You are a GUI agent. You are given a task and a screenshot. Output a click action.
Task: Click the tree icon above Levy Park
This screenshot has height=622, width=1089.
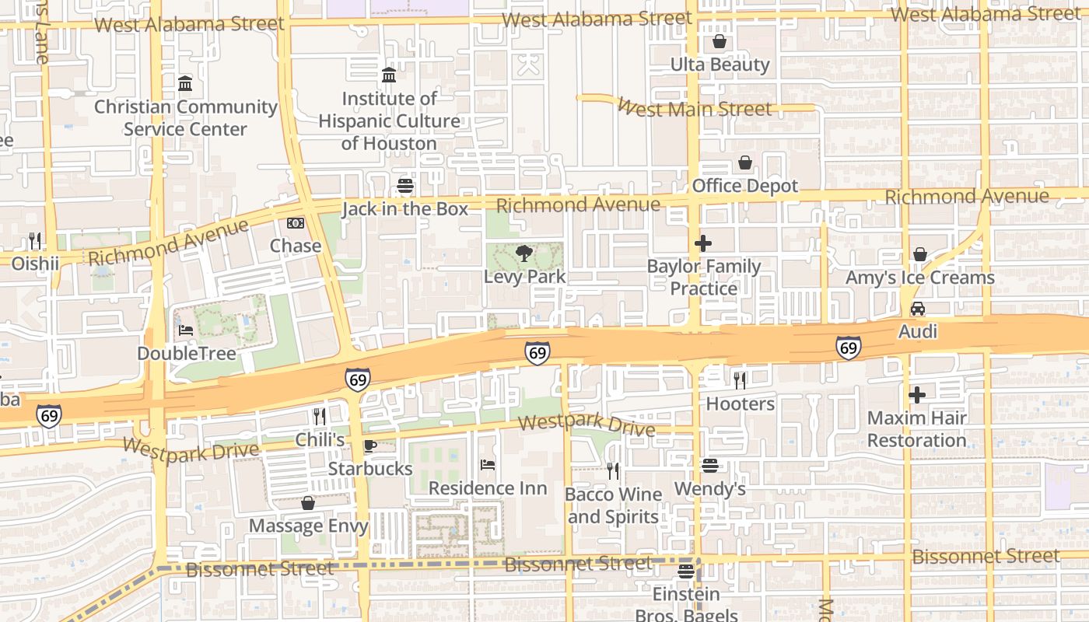pyautogui.click(x=525, y=253)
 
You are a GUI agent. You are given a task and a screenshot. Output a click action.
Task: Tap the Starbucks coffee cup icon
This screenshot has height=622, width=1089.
pyautogui.click(x=369, y=446)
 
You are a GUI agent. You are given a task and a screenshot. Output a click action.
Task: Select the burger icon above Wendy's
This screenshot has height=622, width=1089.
pyautogui.click(x=709, y=466)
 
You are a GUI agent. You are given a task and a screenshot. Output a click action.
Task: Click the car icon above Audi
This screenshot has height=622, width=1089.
pyautogui.click(x=918, y=309)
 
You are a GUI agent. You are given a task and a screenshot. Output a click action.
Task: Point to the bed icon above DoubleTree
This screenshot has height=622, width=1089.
pyautogui.click(x=186, y=330)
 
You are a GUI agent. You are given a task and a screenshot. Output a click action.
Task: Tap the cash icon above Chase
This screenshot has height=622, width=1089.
pyautogui.click(x=296, y=223)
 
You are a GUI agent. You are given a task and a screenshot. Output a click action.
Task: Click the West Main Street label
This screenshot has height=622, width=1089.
pyautogui.click(x=695, y=108)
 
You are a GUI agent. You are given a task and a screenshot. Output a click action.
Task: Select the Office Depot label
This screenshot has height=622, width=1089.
pyautogui.click(x=745, y=186)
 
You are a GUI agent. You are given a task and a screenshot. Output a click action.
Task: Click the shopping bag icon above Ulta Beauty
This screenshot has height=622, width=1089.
pyautogui.click(x=720, y=41)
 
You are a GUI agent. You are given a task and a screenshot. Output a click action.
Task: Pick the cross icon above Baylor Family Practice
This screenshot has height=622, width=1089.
pyautogui.click(x=703, y=243)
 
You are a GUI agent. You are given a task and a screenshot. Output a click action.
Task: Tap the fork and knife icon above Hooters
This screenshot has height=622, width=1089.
pyautogui.click(x=740, y=380)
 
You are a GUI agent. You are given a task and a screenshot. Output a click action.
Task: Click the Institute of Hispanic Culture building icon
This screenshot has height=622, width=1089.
pyautogui.click(x=389, y=75)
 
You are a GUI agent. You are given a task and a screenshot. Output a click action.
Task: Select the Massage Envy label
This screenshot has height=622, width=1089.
pyautogui.click(x=308, y=526)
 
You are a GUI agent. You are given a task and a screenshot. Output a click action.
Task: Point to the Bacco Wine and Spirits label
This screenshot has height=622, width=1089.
pyautogui.click(x=613, y=505)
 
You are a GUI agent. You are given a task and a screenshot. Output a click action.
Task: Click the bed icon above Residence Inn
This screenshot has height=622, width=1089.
pyautogui.click(x=488, y=465)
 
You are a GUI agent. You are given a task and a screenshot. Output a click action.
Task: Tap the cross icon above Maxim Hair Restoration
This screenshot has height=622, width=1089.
pyautogui.click(x=917, y=395)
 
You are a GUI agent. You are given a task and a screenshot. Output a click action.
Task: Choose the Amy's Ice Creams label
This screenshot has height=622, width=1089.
pyautogui.click(x=919, y=278)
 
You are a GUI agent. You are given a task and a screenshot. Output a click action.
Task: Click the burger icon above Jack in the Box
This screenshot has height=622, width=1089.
pyautogui.click(x=404, y=186)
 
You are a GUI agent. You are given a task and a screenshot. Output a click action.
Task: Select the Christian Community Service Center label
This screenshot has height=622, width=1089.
pyautogui.click(x=186, y=117)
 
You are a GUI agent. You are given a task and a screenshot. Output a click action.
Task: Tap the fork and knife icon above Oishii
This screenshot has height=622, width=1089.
pyautogui.click(x=34, y=240)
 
